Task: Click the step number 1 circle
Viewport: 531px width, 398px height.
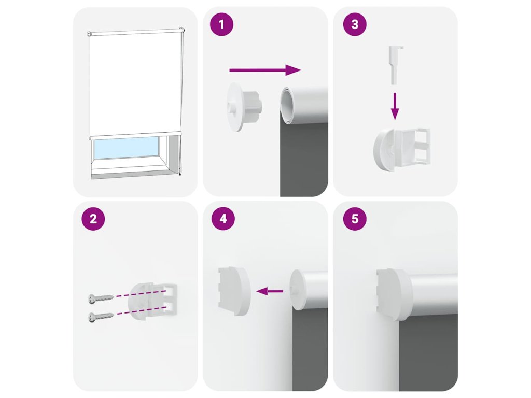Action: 221,24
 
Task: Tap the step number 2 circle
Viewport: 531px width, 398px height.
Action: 93,219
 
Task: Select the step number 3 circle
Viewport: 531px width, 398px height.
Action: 355,24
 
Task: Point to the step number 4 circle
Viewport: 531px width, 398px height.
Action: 223,219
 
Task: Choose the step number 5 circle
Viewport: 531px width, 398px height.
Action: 355,219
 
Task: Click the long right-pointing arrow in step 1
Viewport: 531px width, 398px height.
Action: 265,70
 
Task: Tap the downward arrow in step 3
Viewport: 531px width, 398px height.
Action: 395,106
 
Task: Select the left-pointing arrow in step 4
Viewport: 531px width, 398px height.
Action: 270,291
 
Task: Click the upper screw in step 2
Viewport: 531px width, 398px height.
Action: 101,298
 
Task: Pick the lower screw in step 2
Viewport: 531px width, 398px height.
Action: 101,317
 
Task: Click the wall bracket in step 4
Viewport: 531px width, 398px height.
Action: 234,291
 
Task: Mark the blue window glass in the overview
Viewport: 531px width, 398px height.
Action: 126,148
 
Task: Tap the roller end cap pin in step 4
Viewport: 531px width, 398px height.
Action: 292,291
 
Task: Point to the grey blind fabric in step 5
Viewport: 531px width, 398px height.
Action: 428,352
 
